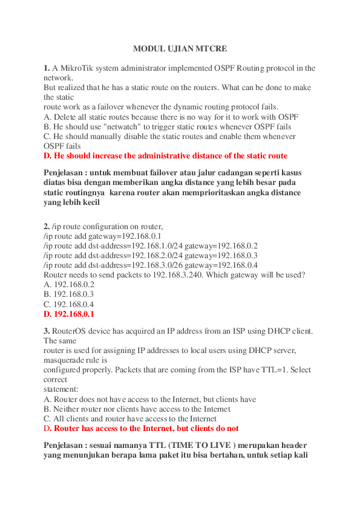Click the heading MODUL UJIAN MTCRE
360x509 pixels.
tap(180, 48)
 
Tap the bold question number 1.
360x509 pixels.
tap(47, 68)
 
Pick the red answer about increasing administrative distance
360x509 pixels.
tap(166, 155)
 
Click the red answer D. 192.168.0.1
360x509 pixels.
tap(69, 314)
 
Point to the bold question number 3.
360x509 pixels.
tap(47, 331)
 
